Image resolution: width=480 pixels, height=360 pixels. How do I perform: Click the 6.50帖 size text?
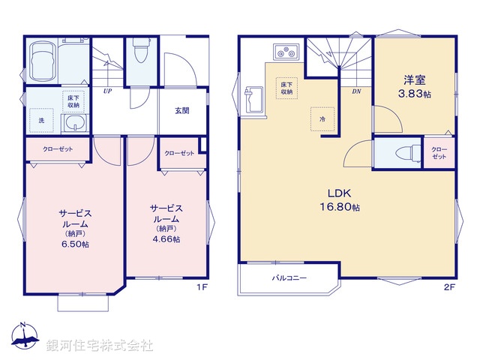[74, 245]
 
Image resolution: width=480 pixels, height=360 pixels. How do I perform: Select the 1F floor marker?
[202, 287]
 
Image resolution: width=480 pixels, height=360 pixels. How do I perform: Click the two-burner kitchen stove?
[286, 52]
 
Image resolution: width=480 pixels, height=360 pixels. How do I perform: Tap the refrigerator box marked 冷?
[322, 118]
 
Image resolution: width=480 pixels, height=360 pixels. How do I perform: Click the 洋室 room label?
[414, 78]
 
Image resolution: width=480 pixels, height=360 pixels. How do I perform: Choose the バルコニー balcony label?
[286, 278]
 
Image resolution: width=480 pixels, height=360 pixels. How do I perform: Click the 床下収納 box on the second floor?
[286, 88]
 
